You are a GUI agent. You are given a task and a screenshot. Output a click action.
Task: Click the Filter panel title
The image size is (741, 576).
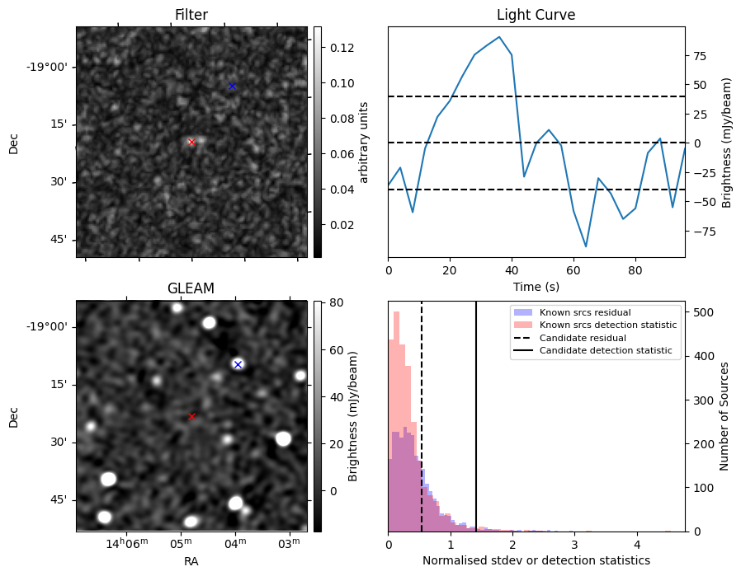191,15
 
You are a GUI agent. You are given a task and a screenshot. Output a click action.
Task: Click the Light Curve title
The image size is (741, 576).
536,15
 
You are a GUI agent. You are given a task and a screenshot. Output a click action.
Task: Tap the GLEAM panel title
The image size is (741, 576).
191,288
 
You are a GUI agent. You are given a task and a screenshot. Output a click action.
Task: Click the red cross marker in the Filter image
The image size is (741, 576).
191,142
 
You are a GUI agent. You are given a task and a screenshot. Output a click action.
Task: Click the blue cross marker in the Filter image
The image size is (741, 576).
232,86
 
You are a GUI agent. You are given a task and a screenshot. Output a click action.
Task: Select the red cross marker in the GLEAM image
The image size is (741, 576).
192,416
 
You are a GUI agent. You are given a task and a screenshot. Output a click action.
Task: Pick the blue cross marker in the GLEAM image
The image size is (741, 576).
238,364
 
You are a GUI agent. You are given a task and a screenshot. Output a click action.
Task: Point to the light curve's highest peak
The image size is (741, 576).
499,37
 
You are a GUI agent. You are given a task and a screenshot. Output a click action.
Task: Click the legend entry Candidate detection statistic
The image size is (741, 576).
606,351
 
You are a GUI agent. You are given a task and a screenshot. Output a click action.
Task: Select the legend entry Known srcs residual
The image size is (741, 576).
585,313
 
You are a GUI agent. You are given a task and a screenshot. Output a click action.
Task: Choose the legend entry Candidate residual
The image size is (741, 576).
580,339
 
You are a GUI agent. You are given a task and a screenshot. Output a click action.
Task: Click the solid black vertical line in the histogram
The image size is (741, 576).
476,428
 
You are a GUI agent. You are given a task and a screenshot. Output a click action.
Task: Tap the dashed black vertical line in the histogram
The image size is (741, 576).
422,428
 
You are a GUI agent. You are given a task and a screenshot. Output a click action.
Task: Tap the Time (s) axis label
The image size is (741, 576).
536,287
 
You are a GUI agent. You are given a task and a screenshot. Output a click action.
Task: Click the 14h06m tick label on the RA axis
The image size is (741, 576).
127,543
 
